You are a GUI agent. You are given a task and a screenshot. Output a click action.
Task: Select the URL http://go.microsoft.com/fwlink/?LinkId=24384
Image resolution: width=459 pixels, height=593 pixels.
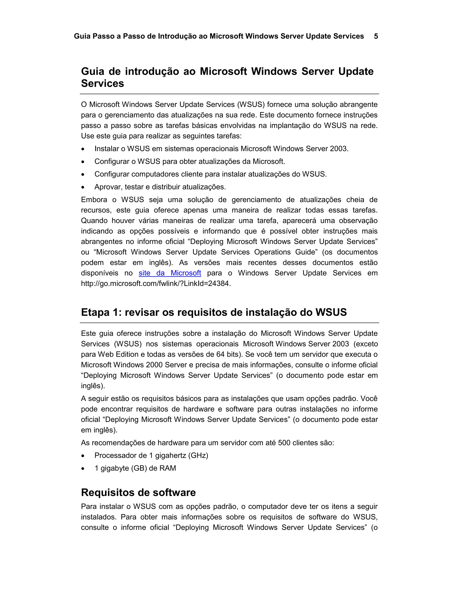pyautogui.click(x=156, y=284)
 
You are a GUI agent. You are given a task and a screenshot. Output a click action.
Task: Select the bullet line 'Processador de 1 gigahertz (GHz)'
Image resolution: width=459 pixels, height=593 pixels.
pyautogui.click(x=151, y=455)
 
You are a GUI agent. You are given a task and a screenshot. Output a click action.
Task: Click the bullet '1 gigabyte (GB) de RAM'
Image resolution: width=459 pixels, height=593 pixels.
pyautogui.click(x=135, y=468)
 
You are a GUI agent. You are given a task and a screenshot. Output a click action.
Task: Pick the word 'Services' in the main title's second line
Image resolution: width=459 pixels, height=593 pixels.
pyautogui.click(x=102, y=83)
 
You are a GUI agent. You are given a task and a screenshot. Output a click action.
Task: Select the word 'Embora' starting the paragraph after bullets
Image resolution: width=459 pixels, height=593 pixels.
pyautogui.click(x=94, y=200)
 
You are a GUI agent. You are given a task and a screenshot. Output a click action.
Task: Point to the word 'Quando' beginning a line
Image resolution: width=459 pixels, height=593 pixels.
pyautogui.click(x=94, y=220)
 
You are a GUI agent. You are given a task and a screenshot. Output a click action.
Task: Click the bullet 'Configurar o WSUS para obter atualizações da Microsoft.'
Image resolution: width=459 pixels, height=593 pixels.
pyautogui.click(x=190, y=162)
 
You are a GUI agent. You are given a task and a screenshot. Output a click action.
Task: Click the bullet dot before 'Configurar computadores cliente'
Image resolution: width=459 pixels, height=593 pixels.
pyautogui.click(x=83, y=175)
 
